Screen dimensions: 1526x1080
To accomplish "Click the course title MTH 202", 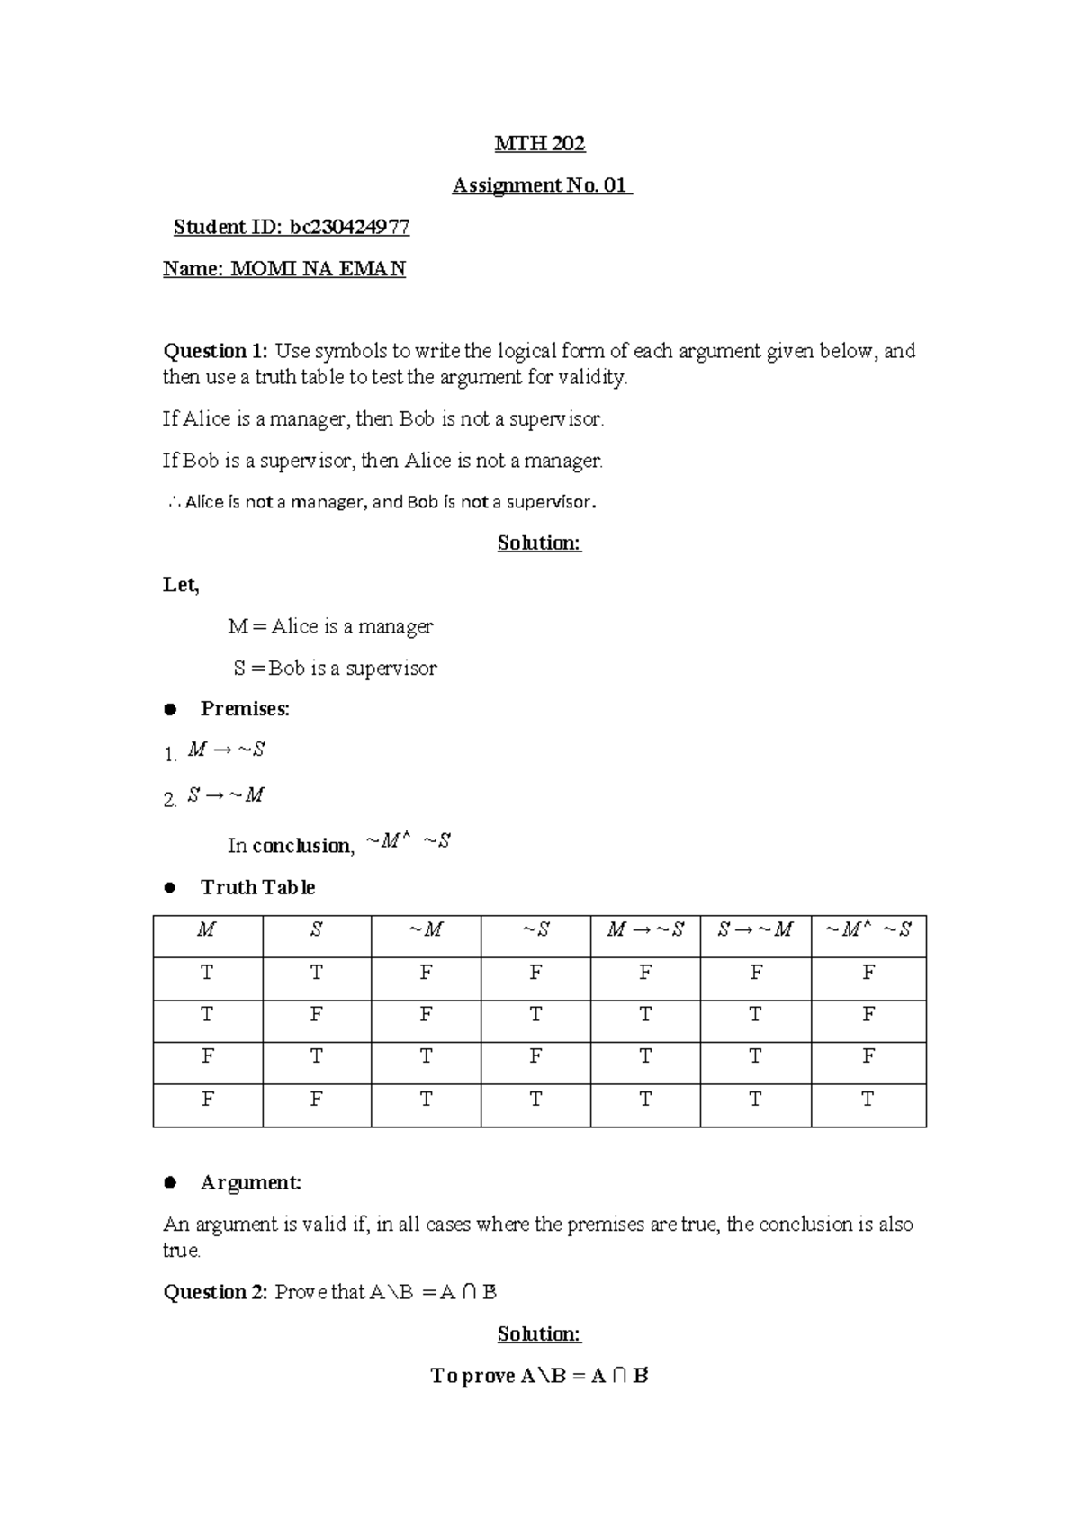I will point(540,144).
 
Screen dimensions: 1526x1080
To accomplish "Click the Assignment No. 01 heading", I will point(542,185).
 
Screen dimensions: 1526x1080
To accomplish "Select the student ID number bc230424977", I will point(349,228).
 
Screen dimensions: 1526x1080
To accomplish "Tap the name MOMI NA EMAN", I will point(319,269).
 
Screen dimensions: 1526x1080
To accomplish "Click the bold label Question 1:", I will point(215,351).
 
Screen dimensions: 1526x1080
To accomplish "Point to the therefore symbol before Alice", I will point(173,503).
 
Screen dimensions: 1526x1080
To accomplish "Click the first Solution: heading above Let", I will point(539,543).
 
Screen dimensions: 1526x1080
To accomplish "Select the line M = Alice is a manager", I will point(330,626).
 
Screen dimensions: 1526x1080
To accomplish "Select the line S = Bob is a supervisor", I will point(335,669).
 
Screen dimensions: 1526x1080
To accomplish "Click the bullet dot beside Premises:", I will point(169,710).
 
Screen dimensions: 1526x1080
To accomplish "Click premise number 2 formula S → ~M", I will point(226,795).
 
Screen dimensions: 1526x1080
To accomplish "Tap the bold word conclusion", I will point(303,846).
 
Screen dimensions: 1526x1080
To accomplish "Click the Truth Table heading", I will point(257,888).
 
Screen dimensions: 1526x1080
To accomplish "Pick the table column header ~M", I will point(426,930).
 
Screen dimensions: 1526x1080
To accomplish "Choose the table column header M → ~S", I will point(645,930).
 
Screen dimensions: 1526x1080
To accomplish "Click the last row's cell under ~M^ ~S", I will point(868,1100).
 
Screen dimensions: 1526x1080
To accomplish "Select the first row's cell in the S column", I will point(316,973).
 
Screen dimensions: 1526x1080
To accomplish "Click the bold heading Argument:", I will point(250,1183).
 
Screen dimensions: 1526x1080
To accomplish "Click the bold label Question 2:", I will point(216,1293).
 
